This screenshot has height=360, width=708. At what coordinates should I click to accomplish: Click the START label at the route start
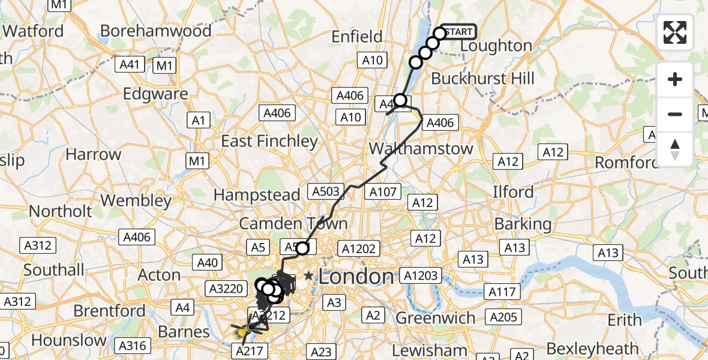pyautogui.click(x=460, y=32)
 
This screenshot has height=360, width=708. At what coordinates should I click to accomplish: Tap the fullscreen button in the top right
pyautogui.click(x=675, y=32)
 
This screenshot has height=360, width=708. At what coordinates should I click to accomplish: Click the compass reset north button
pyautogui.click(x=675, y=149)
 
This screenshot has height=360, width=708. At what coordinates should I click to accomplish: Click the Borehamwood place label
pyautogui.click(x=156, y=31)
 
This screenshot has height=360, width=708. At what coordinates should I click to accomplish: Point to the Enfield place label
pyautogui.click(x=358, y=37)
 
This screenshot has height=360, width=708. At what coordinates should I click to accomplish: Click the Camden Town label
pyautogui.click(x=293, y=224)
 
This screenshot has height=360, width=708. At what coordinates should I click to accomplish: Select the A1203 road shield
pyautogui.click(x=422, y=276)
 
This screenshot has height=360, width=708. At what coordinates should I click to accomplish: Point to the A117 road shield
pyautogui.click(x=502, y=292)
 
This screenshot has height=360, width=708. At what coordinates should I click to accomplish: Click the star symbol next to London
pyautogui.click(x=308, y=276)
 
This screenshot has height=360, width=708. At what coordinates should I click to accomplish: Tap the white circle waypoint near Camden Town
pyautogui.click(x=302, y=248)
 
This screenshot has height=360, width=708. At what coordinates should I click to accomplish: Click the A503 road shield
pyautogui.click(x=326, y=191)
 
